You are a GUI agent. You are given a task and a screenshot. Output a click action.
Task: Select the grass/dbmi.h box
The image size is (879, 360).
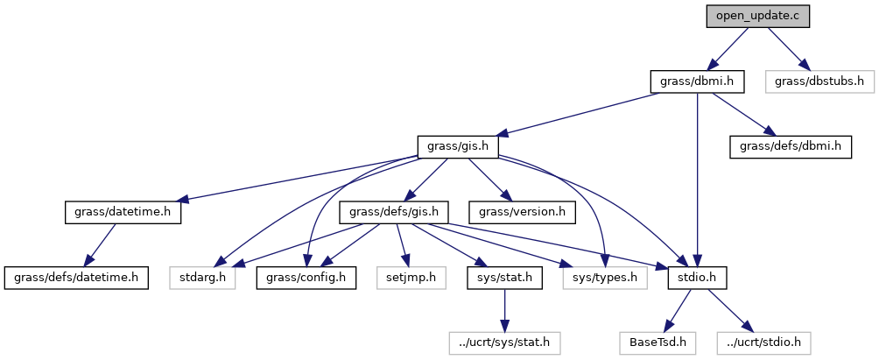[x=697, y=81]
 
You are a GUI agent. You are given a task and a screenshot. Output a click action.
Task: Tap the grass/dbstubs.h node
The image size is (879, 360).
[x=819, y=81]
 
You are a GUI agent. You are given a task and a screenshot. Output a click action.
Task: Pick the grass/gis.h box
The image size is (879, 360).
[x=458, y=146]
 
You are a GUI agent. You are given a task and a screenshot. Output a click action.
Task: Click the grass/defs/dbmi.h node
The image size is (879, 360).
[x=790, y=146]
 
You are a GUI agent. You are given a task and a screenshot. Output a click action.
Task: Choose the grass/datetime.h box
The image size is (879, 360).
[x=123, y=212]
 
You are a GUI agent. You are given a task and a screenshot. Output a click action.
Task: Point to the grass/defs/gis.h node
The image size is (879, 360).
[x=399, y=212]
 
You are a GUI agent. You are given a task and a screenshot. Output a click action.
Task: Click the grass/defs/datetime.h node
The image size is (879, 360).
[x=75, y=278]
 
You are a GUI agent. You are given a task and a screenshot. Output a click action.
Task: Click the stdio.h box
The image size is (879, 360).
[x=697, y=278]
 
